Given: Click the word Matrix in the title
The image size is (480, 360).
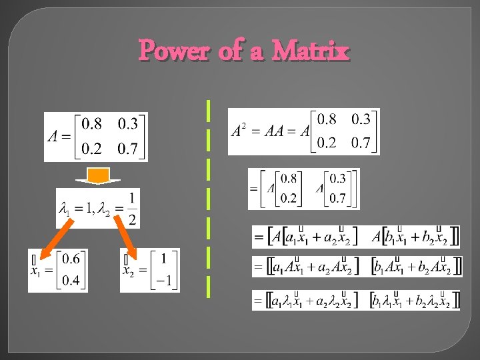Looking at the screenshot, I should click(x=311, y=50).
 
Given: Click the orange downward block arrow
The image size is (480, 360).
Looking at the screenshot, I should click(x=99, y=177).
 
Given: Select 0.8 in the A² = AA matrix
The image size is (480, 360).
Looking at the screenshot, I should click(x=327, y=119).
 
